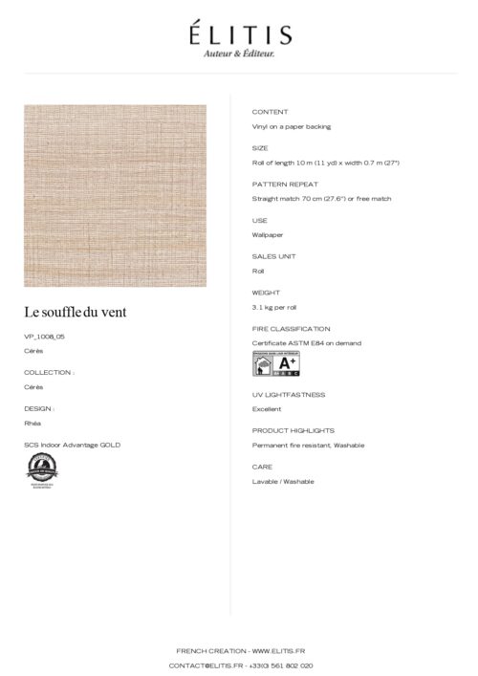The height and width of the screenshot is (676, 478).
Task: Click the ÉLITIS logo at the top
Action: pos(239,34)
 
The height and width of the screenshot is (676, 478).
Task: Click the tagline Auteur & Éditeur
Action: pos(239,54)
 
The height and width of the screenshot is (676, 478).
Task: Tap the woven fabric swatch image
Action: pos(115,195)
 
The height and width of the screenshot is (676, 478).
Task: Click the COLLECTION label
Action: pos(49,372)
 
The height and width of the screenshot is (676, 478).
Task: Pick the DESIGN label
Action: pos(39,408)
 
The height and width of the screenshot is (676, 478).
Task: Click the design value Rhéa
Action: pos(33,423)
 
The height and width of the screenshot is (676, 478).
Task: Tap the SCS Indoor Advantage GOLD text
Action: pos(72,445)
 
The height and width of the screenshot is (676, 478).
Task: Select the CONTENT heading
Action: pos(269,112)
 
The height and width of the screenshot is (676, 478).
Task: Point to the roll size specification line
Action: pos(325,163)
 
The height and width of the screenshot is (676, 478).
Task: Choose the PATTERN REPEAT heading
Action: pos(285,184)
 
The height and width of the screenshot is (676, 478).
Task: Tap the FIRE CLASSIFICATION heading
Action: pos(291,328)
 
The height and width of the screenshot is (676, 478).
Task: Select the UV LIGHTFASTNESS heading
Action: pos(289,394)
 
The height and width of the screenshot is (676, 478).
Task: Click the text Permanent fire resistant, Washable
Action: pos(308,445)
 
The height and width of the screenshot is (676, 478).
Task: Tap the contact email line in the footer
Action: pos(239,665)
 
